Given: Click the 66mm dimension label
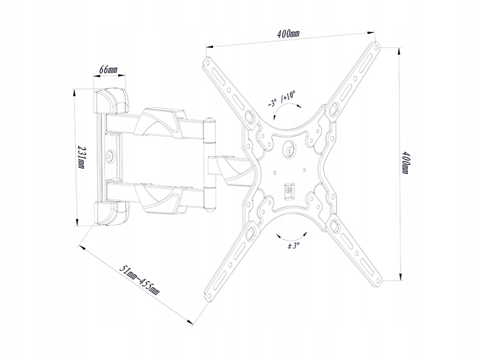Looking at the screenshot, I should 109,70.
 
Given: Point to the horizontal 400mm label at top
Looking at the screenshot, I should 288,34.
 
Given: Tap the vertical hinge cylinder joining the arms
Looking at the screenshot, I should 210,164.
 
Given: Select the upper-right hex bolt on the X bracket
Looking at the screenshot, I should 331,109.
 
